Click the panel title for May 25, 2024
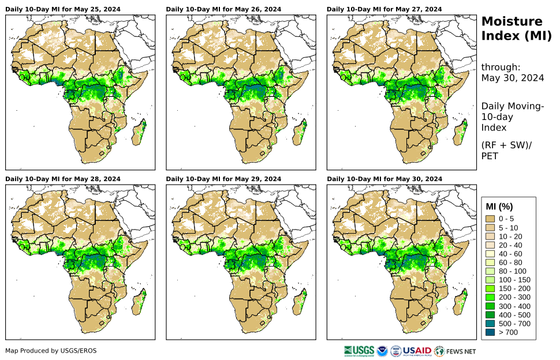(63, 9)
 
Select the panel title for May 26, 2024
(223, 9)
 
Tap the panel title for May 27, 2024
(384, 9)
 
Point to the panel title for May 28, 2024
(63, 179)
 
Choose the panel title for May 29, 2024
(223, 179)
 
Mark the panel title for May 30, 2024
(384, 179)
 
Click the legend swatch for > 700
(491, 332)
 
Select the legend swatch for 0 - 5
(491, 219)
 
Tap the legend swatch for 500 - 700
(491, 324)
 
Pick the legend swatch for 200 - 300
(491, 297)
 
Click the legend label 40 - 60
(510, 254)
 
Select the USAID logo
(416, 351)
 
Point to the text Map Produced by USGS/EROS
(51, 351)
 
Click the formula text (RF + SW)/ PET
(506, 150)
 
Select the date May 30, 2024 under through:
(512, 78)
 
